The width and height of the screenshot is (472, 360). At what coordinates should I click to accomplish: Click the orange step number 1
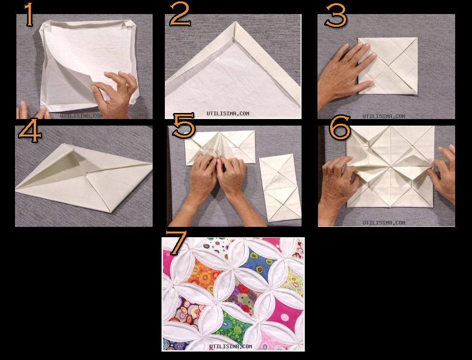coord(29,15)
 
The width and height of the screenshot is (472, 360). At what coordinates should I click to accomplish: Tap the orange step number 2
coord(180,15)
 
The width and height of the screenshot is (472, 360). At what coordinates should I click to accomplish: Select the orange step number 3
coord(336,15)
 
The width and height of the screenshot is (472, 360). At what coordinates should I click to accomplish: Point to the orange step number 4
coord(29,130)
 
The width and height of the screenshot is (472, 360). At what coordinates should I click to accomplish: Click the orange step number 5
coord(184,125)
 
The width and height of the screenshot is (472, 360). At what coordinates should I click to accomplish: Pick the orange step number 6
coord(340,127)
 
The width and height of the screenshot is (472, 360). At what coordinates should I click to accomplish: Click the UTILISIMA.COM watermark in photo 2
coord(228,113)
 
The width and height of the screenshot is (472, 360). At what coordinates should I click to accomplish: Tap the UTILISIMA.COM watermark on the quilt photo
coord(230,346)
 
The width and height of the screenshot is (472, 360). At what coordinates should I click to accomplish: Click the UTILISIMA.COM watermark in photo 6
coord(384,223)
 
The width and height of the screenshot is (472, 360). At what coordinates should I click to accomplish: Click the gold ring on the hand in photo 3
coord(346,60)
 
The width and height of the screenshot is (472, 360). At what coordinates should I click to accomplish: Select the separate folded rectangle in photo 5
coord(280,188)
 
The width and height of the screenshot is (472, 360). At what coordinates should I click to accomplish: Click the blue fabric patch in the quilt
coord(258,264)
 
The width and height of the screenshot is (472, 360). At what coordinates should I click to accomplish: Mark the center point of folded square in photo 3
coord(388,66)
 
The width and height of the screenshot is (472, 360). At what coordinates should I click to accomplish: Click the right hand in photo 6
coord(442,172)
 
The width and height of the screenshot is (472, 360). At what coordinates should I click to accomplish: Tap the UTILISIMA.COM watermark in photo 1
coord(81,116)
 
